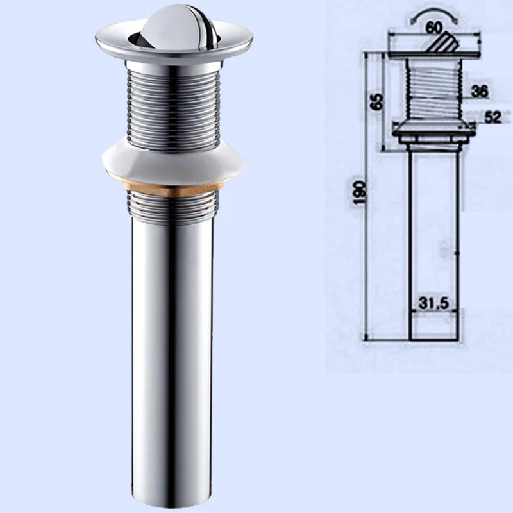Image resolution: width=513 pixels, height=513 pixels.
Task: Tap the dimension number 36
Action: [x=479, y=91]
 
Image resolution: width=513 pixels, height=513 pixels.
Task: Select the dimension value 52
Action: [x=492, y=117]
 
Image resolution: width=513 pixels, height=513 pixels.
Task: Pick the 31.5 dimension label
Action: [x=434, y=304]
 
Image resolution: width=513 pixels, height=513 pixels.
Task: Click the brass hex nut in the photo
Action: [x=172, y=189]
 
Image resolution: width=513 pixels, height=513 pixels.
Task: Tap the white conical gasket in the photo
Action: [x=173, y=163]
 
